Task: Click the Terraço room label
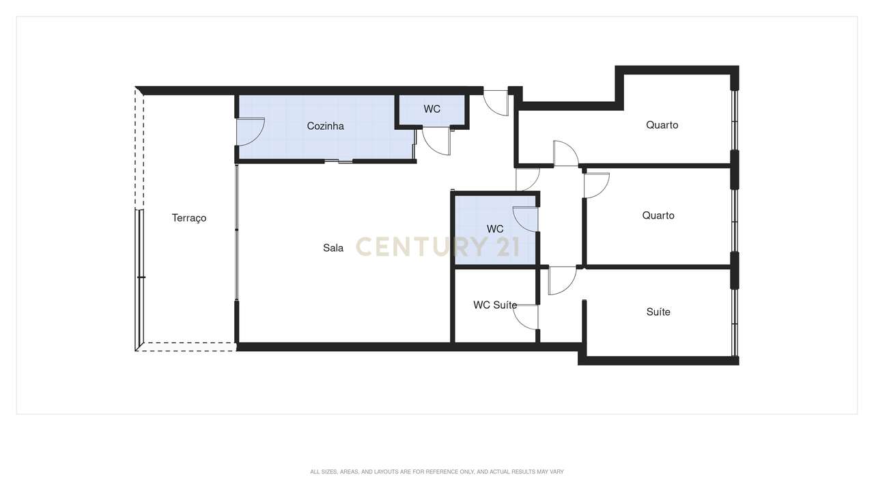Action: pos(189,218)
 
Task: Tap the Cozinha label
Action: pos(325,126)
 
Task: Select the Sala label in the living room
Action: pos(333,248)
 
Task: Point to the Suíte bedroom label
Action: pos(658,312)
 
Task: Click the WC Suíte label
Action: pos(495,305)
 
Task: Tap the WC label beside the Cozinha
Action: pos(432,109)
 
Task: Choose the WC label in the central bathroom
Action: pos(495,229)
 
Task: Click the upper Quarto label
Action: pos(662,125)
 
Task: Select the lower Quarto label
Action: pos(658,215)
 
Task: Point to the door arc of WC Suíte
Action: pos(524,317)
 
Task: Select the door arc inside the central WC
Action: pos(524,219)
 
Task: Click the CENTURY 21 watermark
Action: pos(437,247)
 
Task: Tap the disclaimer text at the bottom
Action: pos(437,471)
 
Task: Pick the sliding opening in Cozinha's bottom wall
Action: pos(339,161)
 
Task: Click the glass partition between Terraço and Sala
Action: pos(237,232)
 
